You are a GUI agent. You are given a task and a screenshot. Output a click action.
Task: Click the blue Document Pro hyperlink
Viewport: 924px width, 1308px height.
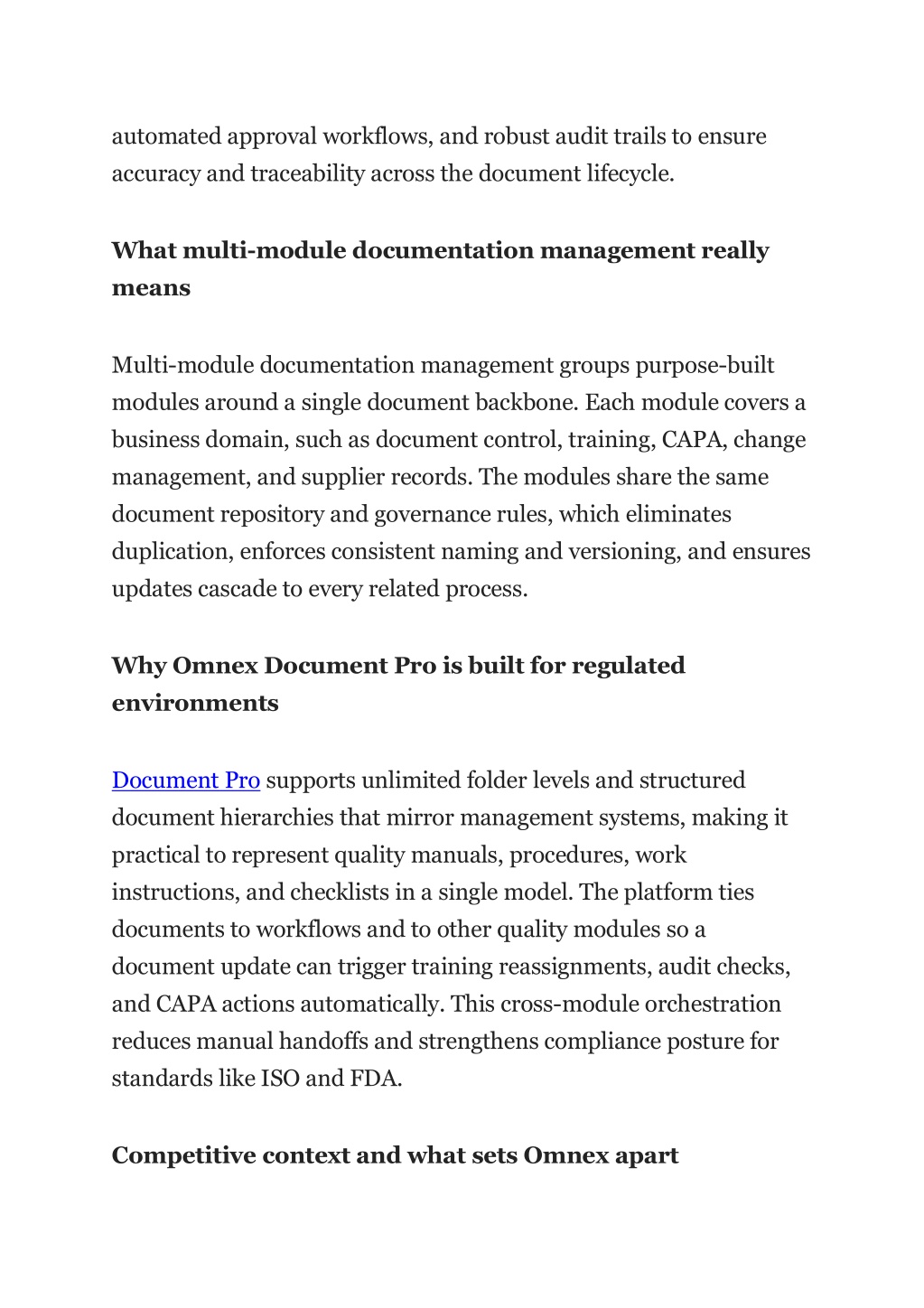(185, 780)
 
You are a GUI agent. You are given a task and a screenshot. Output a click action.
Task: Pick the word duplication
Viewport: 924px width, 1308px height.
(170, 552)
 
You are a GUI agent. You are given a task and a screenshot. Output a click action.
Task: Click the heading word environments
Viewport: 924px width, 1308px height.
(195, 704)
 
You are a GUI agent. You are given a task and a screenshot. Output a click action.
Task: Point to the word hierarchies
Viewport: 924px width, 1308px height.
(276, 818)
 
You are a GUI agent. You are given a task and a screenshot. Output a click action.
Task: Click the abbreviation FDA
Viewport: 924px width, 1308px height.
(375, 1079)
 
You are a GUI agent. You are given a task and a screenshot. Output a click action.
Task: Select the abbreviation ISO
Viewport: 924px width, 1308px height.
(279, 1079)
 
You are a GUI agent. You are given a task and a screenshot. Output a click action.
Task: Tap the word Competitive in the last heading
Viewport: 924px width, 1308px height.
(184, 1156)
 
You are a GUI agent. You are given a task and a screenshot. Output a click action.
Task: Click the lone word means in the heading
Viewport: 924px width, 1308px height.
(151, 289)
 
